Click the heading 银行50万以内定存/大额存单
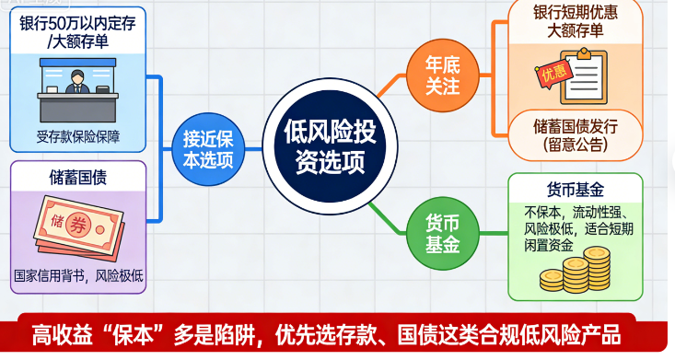pyautogui.click(x=77, y=32)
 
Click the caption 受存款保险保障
pyautogui.click(x=78, y=138)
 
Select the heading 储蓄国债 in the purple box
pyautogui.click(x=78, y=176)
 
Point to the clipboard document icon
pyautogui.click(x=587, y=75)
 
